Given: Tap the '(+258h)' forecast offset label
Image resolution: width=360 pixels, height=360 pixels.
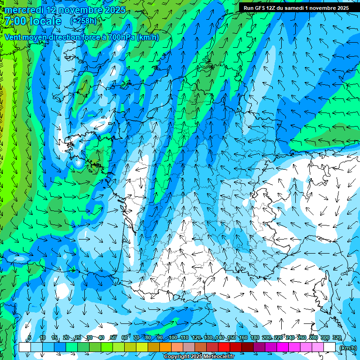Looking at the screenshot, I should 83,21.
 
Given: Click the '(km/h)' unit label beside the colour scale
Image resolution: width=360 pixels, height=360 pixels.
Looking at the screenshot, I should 347,347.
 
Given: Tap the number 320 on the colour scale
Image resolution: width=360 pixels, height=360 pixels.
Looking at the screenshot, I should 337,337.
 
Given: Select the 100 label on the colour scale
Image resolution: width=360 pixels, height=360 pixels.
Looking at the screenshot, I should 173,337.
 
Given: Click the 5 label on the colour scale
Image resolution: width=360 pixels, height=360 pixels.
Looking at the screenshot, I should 29,337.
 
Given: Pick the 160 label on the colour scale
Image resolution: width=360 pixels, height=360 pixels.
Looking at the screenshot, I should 243,337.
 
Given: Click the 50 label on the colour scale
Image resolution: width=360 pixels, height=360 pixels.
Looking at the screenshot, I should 113,337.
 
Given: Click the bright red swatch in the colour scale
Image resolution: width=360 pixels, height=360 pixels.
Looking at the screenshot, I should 224,347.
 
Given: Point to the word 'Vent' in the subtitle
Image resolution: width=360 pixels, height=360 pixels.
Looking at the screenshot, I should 14,37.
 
